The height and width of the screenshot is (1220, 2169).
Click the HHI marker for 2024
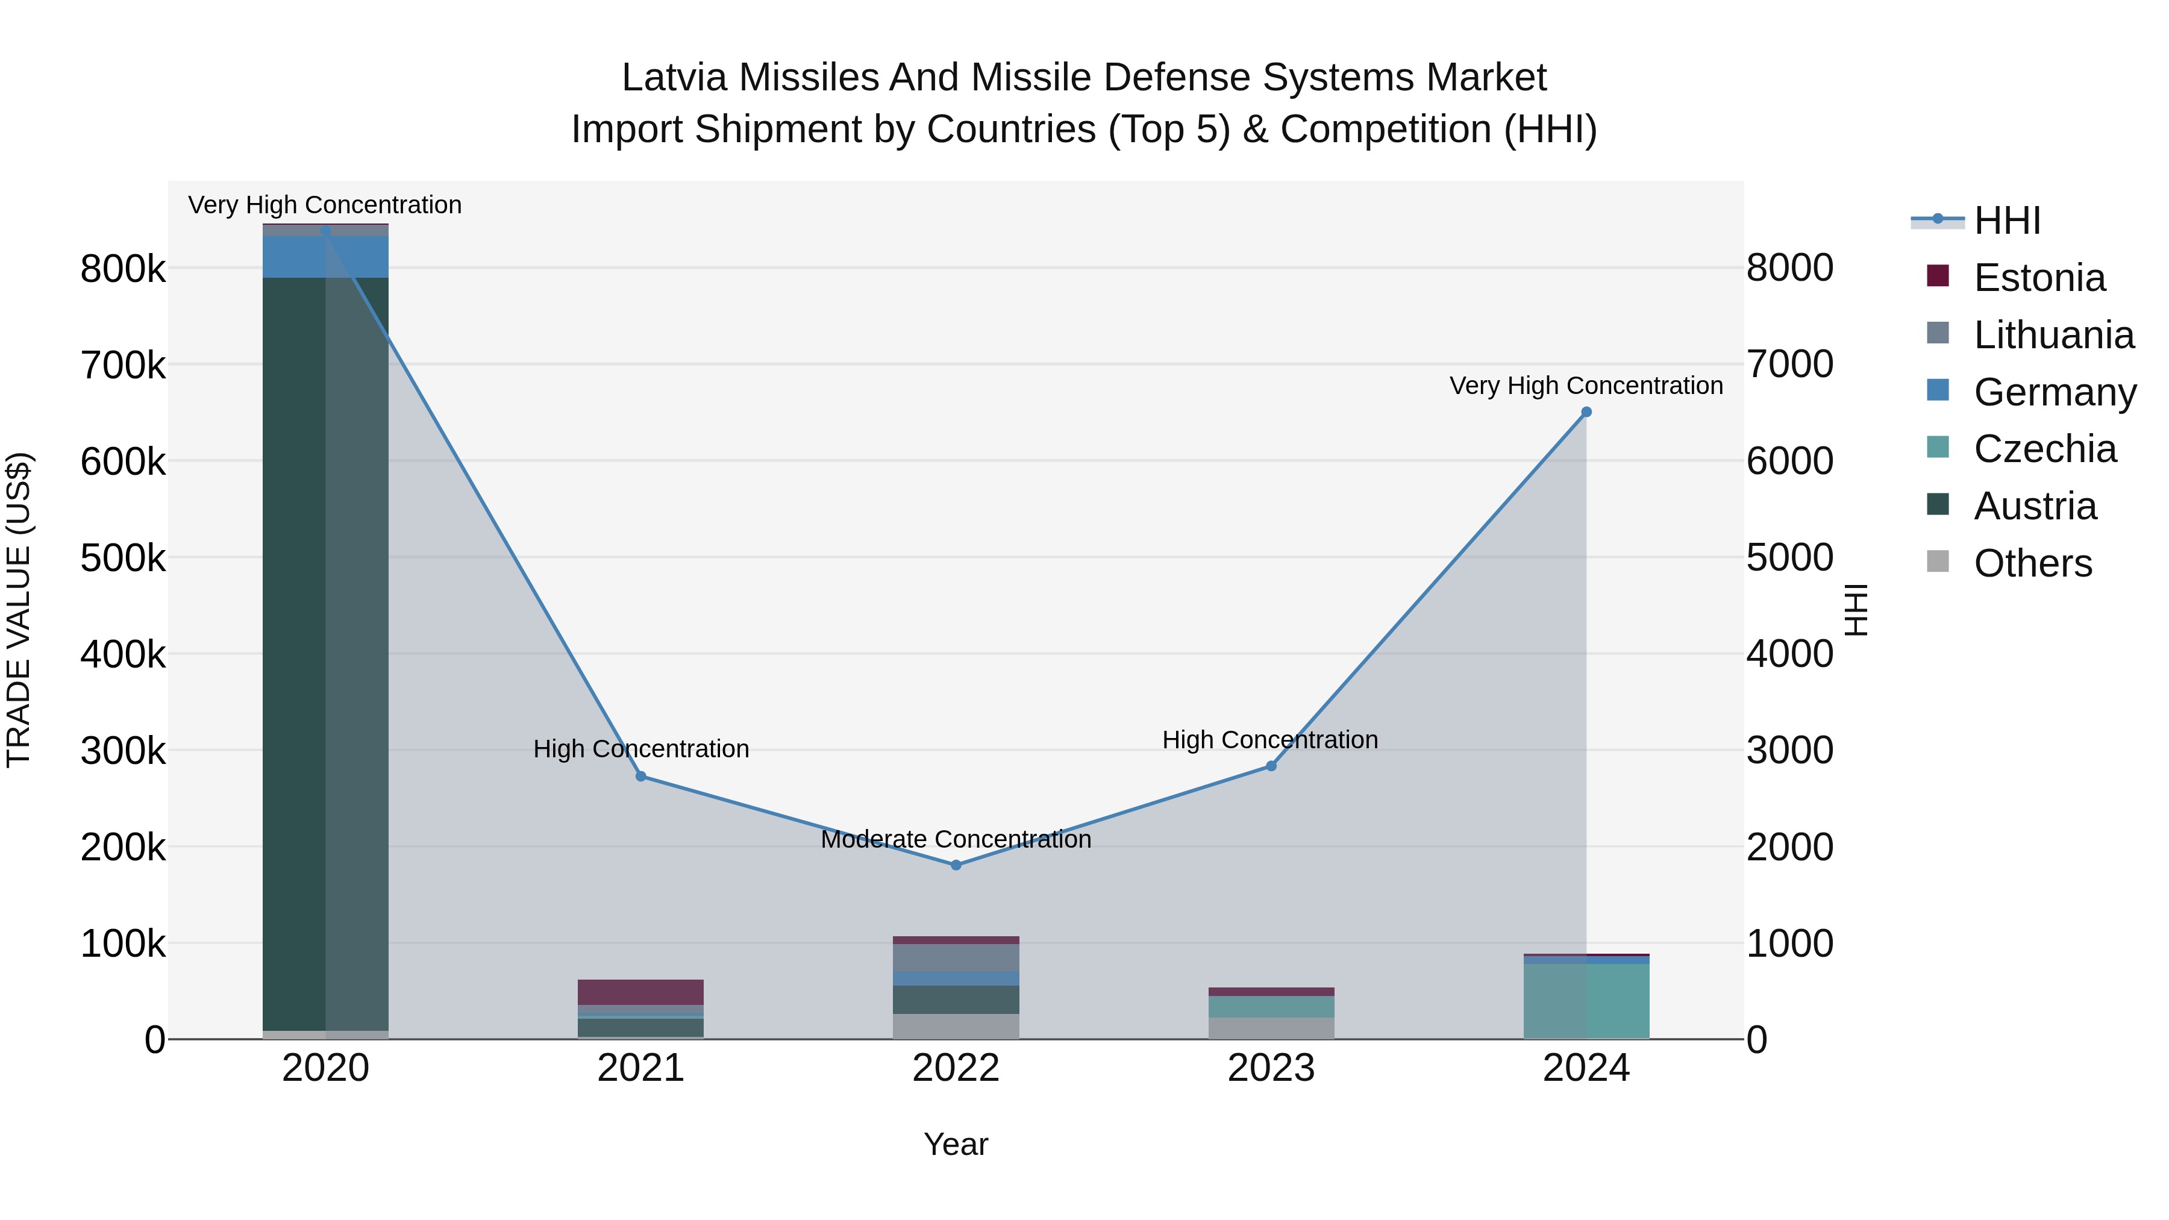click(1586, 411)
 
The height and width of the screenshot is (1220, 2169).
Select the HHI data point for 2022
click(956, 865)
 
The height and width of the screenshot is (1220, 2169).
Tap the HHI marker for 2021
click(641, 777)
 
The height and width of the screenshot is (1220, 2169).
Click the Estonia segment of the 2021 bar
click(641, 992)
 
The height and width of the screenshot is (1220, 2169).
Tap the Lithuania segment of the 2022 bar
click(956, 957)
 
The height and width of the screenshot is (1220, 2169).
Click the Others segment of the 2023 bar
click(1271, 1027)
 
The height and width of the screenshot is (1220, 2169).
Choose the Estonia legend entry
click(2038, 278)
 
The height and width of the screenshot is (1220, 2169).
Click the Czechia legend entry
click(2044, 449)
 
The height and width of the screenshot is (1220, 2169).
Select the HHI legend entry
click(2006, 221)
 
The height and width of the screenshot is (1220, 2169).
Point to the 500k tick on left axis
click(123, 557)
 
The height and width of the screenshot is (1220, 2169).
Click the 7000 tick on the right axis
click(1789, 364)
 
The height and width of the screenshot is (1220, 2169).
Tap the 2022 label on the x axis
click(956, 1068)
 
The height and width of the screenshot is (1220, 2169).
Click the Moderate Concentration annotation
click(956, 839)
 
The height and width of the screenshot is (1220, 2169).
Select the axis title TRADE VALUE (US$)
click(19, 610)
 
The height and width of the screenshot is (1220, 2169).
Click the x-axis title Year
click(956, 1144)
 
